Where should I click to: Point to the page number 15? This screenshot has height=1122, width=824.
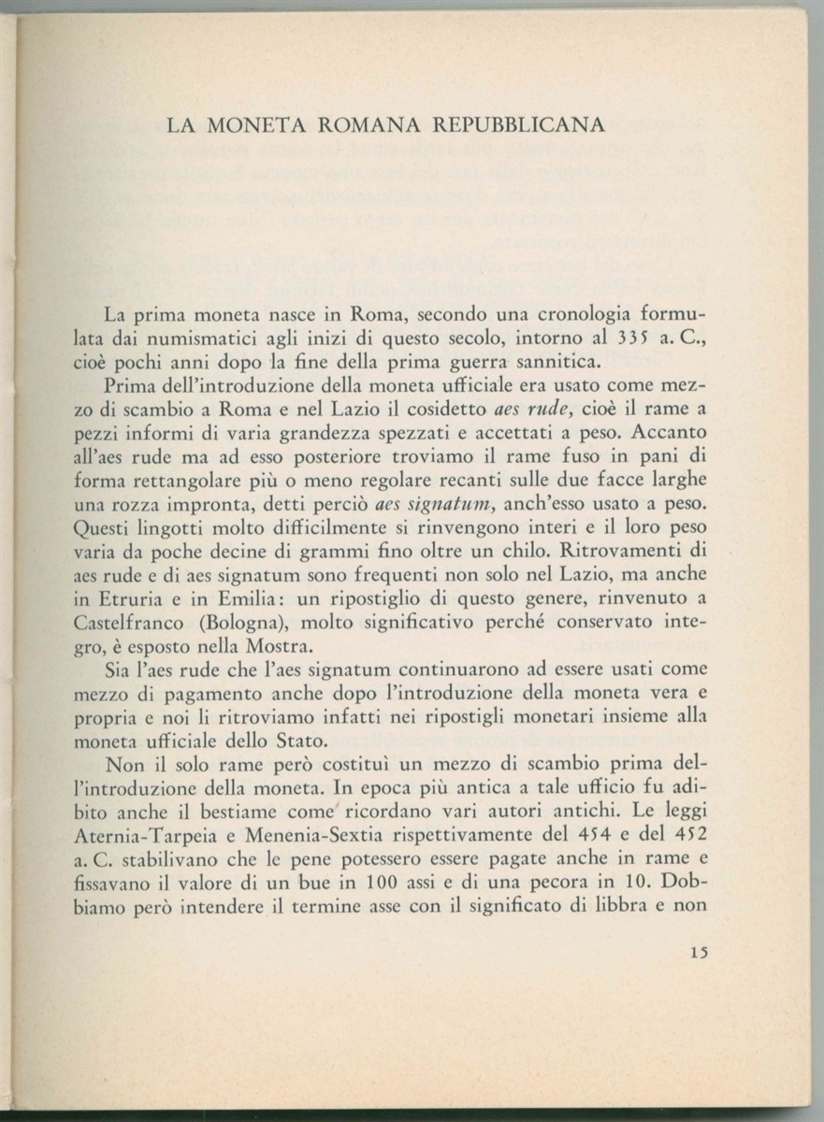[698, 953]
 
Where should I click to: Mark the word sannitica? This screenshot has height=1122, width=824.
[547, 362]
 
